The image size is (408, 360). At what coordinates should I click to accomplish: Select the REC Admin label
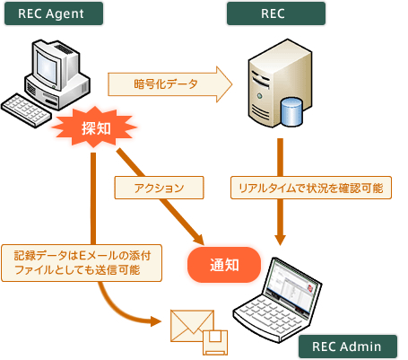coord(348,347)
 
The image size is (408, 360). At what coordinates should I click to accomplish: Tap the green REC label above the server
coord(276,13)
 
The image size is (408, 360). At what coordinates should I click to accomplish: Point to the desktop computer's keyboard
coord(25,110)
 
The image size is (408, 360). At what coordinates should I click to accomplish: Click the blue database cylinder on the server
coord(291,111)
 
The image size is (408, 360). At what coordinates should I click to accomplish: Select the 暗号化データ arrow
coord(169,84)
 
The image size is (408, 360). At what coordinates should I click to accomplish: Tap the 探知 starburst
coord(95,127)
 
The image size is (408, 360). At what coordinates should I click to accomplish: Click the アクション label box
coord(159,188)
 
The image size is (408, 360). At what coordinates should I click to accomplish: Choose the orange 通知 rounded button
coord(224,265)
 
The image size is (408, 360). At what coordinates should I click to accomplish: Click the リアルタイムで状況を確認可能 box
coord(311,188)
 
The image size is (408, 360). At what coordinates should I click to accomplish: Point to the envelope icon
coord(192,326)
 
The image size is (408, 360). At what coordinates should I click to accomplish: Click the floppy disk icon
coord(215,342)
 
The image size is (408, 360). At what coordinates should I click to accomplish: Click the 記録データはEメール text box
coord(82,263)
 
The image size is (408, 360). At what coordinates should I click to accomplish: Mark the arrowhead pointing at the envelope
coord(156,321)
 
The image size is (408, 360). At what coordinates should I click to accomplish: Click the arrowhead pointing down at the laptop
coord(280,240)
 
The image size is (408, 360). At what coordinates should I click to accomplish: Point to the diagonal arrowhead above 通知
coord(199,240)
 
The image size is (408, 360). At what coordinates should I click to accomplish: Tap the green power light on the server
coord(259,96)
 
